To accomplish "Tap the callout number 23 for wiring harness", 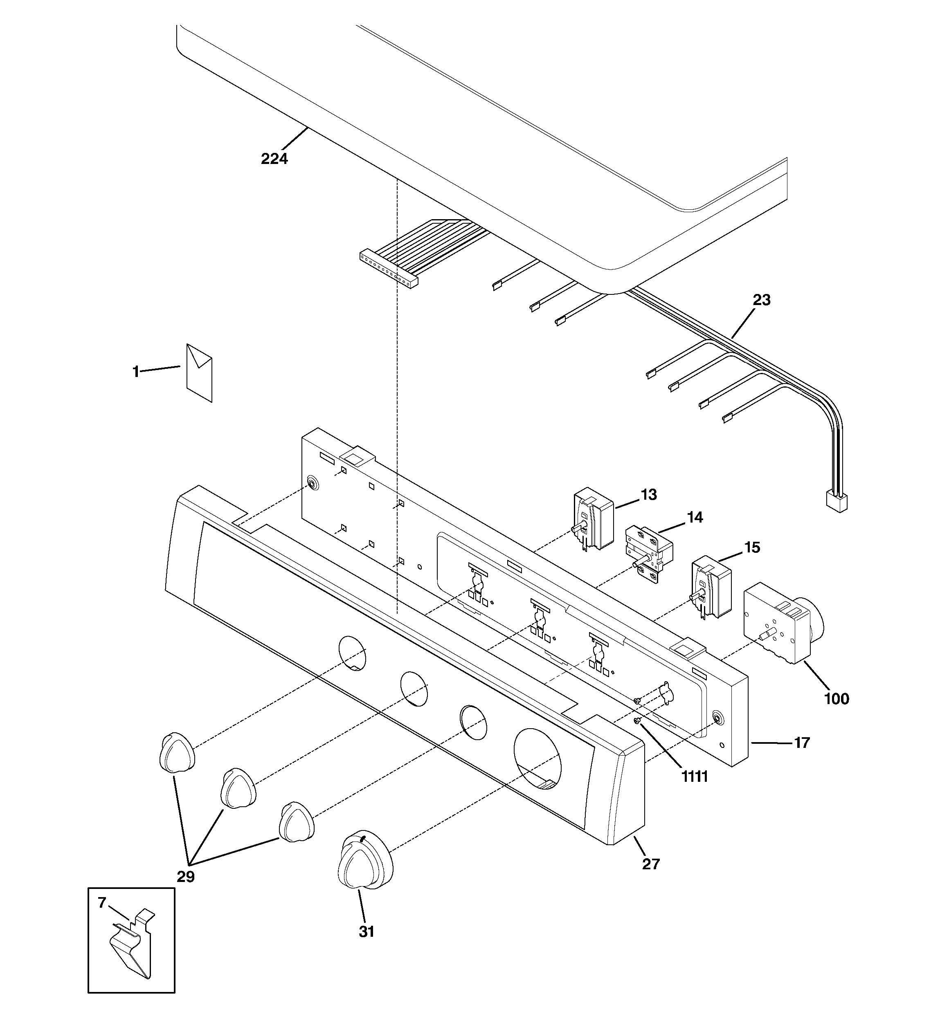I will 762,300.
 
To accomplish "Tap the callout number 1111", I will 695,777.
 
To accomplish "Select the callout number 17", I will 802,743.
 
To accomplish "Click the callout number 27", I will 650,864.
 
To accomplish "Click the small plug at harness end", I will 836,501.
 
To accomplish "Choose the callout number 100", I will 837,699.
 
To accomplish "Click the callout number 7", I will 102,902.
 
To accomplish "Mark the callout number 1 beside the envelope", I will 135,372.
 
